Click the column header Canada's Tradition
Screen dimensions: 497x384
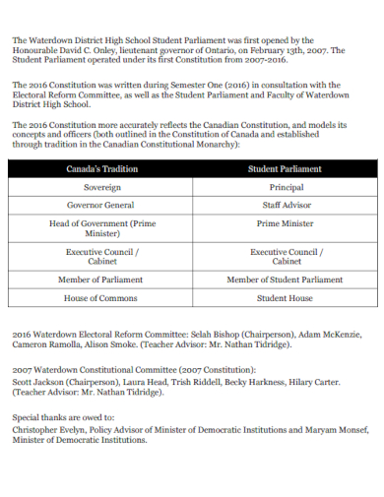click(x=102, y=170)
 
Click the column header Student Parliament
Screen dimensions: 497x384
click(x=286, y=170)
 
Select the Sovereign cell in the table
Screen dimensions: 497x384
click(x=102, y=187)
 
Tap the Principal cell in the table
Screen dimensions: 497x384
click(x=286, y=187)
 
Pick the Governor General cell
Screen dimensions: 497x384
click(x=102, y=205)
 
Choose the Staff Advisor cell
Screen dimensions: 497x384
click(x=286, y=205)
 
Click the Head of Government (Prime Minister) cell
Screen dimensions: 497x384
click(x=102, y=229)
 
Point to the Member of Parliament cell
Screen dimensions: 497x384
click(x=102, y=280)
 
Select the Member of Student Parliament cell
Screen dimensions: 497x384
click(x=286, y=280)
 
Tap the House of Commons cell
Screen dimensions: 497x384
click(x=102, y=297)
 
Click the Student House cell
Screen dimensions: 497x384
click(x=286, y=297)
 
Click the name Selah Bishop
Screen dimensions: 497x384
click(x=193, y=336)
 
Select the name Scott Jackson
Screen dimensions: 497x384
click(x=35, y=381)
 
